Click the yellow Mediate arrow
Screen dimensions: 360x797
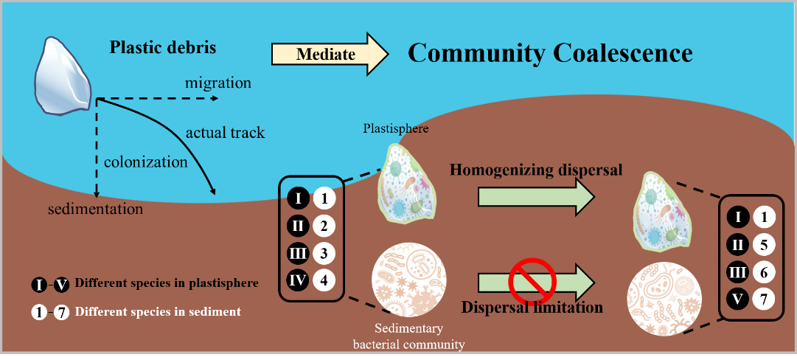click(x=329, y=54)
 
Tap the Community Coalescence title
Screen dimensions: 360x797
click(x=550, y=53)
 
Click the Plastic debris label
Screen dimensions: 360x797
click(x=163, y=48)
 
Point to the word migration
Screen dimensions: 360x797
click(x=217, y=83)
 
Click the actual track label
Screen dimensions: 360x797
click(x=225, y=133)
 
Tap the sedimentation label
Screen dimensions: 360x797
click(x=95, y=209)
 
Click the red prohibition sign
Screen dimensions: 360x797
click(x=532, y=281)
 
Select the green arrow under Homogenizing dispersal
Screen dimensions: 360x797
click(x=536, y=197)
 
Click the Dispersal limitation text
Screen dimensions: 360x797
click(x=532, y=306)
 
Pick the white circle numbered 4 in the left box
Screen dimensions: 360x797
click(x=324, y=280)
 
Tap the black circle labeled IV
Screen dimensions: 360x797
click(x=298, y=280)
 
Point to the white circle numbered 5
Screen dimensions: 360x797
click(x=764, y=244)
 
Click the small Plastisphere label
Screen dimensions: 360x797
click(x=396, y=128)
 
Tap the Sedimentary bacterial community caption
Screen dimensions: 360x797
click(x=408, y=336)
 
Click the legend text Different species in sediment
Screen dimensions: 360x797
click(x=158, y=311)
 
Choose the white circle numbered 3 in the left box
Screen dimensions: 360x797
click(x=324, y=253)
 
